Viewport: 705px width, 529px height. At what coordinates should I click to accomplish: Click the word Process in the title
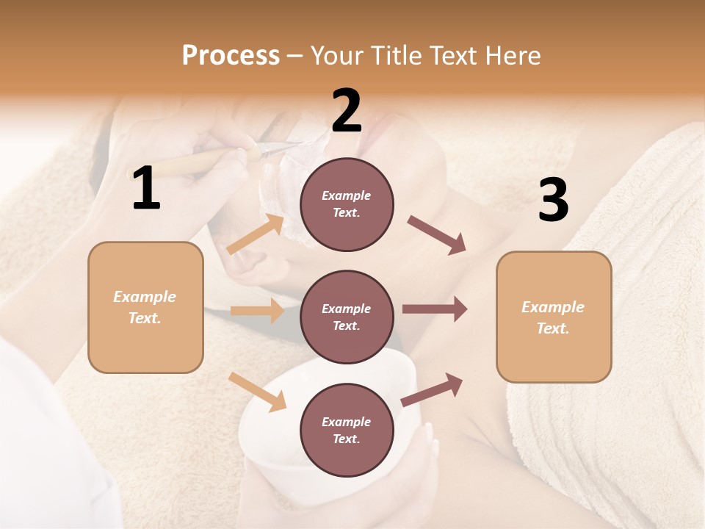231,56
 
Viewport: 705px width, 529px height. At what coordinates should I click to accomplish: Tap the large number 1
146,189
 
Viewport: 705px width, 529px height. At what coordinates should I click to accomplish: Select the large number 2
347,110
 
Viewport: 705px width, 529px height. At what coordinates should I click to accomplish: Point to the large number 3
553,200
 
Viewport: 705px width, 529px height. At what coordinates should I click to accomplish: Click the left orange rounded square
145,307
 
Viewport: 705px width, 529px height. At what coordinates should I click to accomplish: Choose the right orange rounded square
554,317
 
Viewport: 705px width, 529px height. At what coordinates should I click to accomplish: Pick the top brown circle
347,204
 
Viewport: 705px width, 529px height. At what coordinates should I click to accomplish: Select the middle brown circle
347,317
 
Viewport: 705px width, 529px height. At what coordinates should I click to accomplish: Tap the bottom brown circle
347,431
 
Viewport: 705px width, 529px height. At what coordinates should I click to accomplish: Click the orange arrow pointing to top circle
256,234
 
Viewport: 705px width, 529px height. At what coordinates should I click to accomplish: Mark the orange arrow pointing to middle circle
257,311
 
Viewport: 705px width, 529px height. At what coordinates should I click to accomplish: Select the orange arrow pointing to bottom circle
258,392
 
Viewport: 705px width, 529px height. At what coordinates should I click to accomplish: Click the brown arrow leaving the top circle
437,235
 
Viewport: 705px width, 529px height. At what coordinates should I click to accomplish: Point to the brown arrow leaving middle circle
435,309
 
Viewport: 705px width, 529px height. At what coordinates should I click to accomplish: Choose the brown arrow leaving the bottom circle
433,389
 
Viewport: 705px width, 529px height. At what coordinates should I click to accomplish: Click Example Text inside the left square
145,307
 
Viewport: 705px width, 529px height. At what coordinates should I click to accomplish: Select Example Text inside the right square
553,317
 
